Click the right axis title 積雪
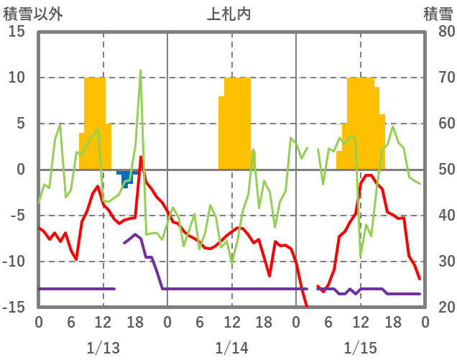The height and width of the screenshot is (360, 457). click(438, 13)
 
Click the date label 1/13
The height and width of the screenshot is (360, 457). click(103, 348)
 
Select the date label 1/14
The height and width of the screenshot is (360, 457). click(231, 348)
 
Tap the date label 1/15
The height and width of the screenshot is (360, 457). click(360, 348)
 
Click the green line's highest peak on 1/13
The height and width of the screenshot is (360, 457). click(140, 70)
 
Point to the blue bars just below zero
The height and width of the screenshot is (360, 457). click(126, 175)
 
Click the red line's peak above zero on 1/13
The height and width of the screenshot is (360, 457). click(141, 157)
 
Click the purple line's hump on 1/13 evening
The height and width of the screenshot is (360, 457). click(135, 235)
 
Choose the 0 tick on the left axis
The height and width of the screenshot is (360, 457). click(21, 170)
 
